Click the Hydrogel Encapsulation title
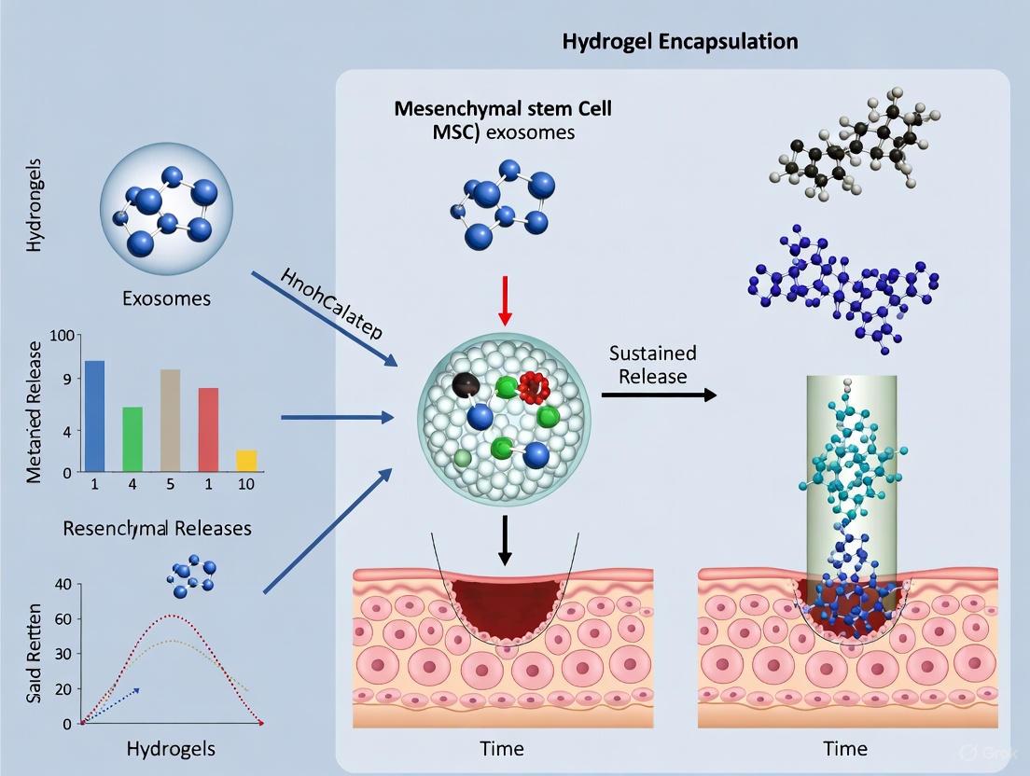click(x=681, y=41)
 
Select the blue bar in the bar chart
click(x=95, y=415)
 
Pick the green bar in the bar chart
click(x=132, y=438)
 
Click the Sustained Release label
click(x=653, y=365)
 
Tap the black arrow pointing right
click(x=659, y=395)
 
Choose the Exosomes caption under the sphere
click(x=166, y=299)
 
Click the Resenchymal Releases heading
click(x=157, y=528)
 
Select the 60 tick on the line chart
click(x=63, y=618)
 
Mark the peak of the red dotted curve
click(x=169, y=616)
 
